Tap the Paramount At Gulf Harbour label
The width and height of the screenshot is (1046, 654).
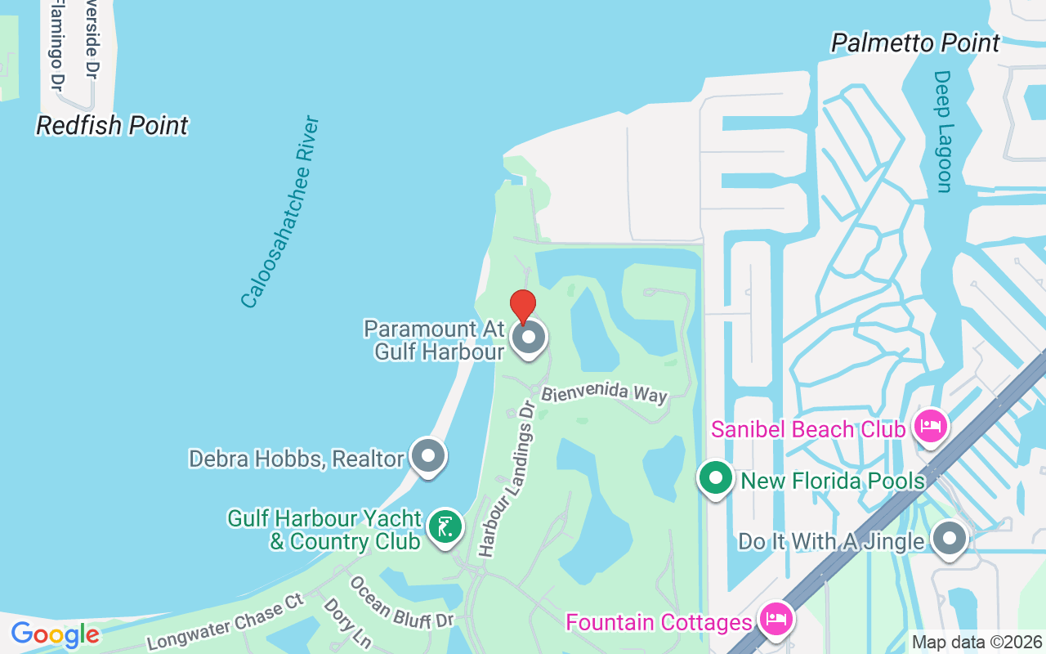coord(434,340)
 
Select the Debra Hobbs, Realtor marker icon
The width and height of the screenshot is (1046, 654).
coord(428,456)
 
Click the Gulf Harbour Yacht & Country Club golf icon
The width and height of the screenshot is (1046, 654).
coord(445,526)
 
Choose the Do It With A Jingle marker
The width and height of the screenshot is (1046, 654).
coord(950,539)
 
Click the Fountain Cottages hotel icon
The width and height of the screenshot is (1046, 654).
coord(774,619)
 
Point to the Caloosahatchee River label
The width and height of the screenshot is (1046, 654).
coord(280,213)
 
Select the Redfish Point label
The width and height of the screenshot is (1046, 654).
coord(113,125)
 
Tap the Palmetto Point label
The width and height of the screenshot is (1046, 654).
coord(915,43)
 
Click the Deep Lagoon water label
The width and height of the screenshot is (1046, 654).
coord(944,132)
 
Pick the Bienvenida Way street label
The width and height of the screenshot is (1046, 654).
coord(605,393)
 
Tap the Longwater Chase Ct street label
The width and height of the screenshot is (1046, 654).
coord(226,622)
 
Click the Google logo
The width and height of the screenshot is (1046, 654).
coord(55,634)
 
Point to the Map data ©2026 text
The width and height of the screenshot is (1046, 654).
coord(977,642)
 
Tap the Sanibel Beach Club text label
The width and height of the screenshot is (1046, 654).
coord(808,429)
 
